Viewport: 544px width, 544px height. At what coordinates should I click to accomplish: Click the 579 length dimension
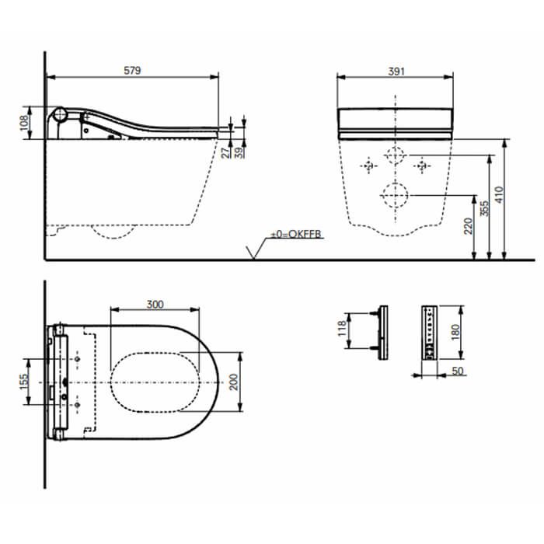point(132,71)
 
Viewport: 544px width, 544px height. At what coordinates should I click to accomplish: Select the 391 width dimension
point(396,71)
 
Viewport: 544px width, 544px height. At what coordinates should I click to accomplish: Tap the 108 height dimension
point(24,123)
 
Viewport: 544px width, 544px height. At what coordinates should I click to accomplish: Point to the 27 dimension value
point(225,152)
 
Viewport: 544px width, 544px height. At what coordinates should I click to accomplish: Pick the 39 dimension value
point(239,152)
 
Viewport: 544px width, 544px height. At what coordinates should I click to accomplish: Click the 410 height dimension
point(499,194)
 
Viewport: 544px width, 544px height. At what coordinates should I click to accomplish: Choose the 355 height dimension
point(484,208)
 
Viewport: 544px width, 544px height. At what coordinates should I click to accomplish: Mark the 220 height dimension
point(469,226)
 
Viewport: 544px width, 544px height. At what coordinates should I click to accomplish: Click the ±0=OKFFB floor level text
point(296,234)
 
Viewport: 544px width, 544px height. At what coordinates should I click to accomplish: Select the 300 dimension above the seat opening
point(155,305)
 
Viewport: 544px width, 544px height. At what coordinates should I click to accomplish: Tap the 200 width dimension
point(234,382)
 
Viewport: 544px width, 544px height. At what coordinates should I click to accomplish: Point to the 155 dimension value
point(24,382)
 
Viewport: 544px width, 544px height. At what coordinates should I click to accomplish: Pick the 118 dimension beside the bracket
point(342,328)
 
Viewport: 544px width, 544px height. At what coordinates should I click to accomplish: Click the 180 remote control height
point(455,332)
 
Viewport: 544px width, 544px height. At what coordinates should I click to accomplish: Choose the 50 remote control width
point(458,371)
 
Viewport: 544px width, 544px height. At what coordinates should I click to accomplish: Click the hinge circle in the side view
point(61,114)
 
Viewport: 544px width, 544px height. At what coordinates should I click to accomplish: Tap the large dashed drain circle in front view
point(395,195)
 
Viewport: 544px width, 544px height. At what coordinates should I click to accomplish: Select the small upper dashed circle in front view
point(395,155)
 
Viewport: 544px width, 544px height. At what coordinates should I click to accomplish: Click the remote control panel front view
point(430,333)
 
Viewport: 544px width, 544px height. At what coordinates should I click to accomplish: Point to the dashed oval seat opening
point(155,382)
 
